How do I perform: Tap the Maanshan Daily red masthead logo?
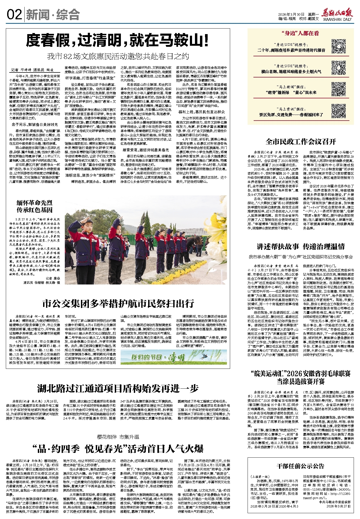tap(337, 14)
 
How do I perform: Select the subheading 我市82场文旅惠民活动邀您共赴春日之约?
tap(118, 56)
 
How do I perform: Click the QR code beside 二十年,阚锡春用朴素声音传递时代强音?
tap(339, 46)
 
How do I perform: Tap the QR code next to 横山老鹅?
tap(339, 68)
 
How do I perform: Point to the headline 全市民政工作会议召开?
tap(300, 142)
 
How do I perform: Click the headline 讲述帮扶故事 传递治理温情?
tap(300, 247)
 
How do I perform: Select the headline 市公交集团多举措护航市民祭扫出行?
tap(118, 304)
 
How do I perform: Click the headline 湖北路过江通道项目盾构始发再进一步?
tap(118, 388)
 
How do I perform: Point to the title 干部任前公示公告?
tap(300, 466)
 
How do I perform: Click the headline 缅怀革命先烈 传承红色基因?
tap(35, 206)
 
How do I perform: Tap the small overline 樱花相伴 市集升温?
tap(118, 437)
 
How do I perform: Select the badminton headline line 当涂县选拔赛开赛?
tap(300, 382)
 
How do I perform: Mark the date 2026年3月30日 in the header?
tap(290, 14)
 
